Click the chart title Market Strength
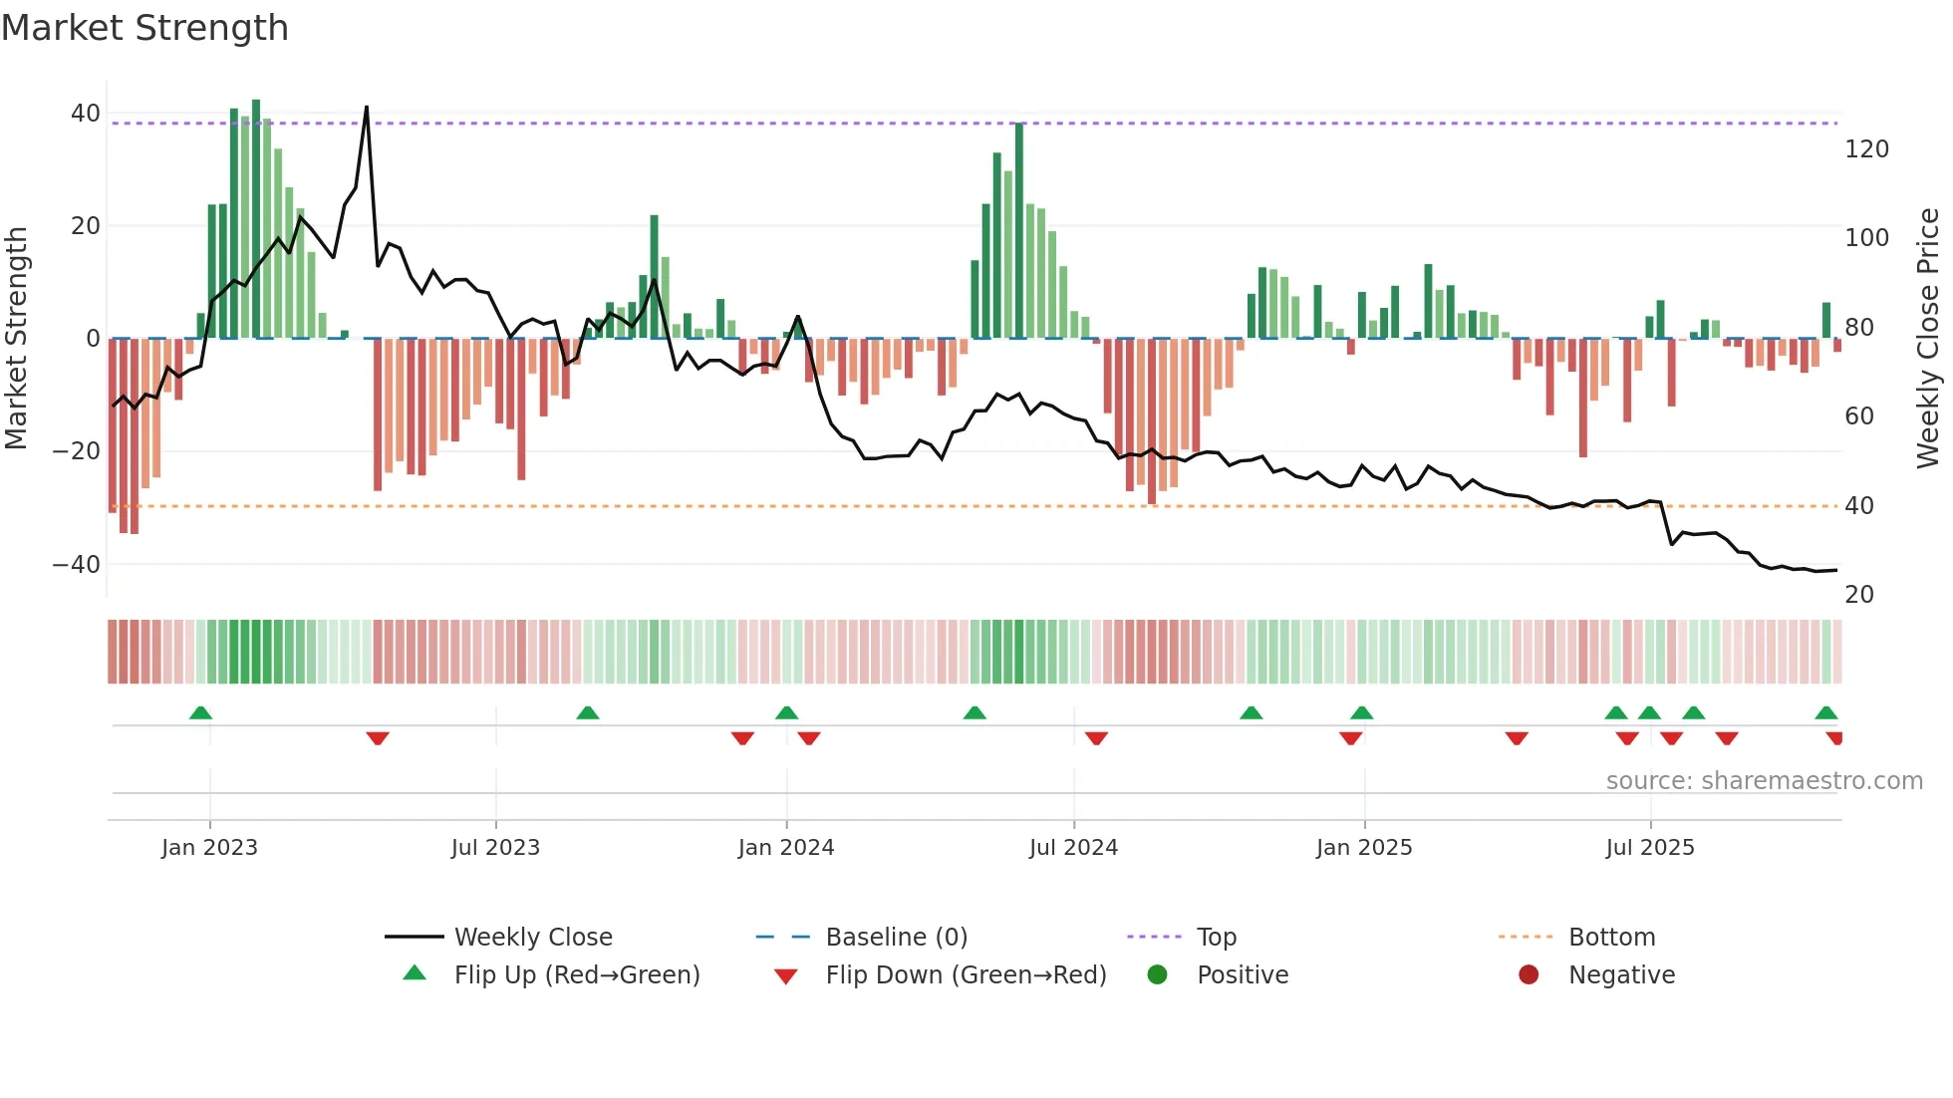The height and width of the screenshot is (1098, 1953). pos(144,28)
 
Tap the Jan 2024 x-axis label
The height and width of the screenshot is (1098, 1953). pos(785,848)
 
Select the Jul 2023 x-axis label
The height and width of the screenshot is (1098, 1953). pos(495,848)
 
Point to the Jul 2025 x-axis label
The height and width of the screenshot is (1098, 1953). pos(1649,848)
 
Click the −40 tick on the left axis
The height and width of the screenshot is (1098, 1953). pos(77,565)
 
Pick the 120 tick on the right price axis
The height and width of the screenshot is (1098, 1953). pos(1866,149)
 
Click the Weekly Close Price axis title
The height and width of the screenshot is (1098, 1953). pos(1928,339)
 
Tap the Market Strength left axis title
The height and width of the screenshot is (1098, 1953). pos(17,339)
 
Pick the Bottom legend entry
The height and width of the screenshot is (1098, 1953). pos(1611,938)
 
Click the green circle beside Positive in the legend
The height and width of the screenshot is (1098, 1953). pos(1157,975)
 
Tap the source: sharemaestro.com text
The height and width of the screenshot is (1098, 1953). pos(1764,781)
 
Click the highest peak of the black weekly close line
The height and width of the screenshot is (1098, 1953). pos(367,107)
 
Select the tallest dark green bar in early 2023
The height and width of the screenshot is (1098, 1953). pos(256,219)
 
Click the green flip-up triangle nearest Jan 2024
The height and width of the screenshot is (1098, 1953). pos(786,712)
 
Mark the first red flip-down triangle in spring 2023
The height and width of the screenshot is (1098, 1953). pos(378,738)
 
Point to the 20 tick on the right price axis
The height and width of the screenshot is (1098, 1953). pos(1858,595)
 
